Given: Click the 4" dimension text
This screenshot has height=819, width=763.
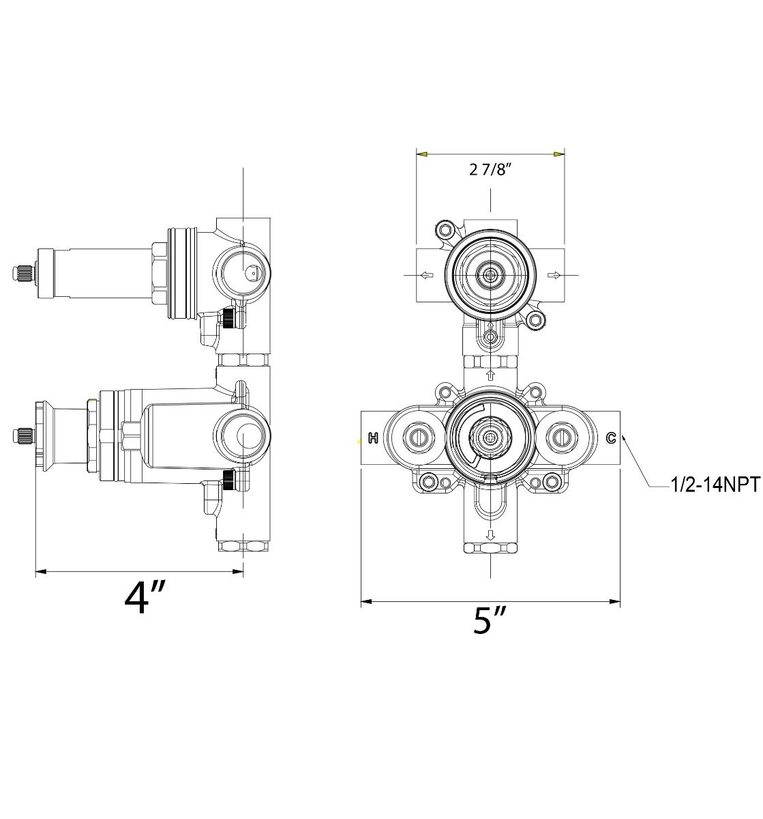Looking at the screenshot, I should pyautogui.click(x=145, y=598).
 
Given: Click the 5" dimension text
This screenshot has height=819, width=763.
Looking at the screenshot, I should pyautogui.click(x=490, y=620).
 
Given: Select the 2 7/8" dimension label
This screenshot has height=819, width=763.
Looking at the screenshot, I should pyautogui.click(x=490, y=170).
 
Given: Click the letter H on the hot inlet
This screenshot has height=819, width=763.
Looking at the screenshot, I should pyautogui.click(x=373, y=438).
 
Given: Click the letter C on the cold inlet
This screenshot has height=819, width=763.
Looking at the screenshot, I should pyautogui.click(x=611, y=438).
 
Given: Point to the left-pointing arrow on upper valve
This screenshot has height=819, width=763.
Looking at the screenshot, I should pyautogui.click(x=425, y=276).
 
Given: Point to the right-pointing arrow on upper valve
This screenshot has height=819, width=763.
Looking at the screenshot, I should pyautogui.click(x=554, y=276).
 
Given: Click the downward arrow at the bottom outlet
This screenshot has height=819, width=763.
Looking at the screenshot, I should pyautogui.click(x=490, y=534).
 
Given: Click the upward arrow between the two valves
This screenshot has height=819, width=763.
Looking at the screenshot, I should pyautogui.click(x=490, y=375).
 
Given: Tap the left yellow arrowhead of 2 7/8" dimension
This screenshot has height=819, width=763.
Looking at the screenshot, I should pyautogui.click(x=422, y=155).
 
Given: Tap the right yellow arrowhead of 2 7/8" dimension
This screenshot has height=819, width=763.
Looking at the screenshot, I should pyautogui.click(x=559, y=155).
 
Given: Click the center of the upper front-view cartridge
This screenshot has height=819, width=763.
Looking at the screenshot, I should pyautogui.click(x=490, y=275).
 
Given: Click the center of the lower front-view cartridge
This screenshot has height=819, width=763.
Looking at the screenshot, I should pyautogui.click(x=490, y=437).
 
